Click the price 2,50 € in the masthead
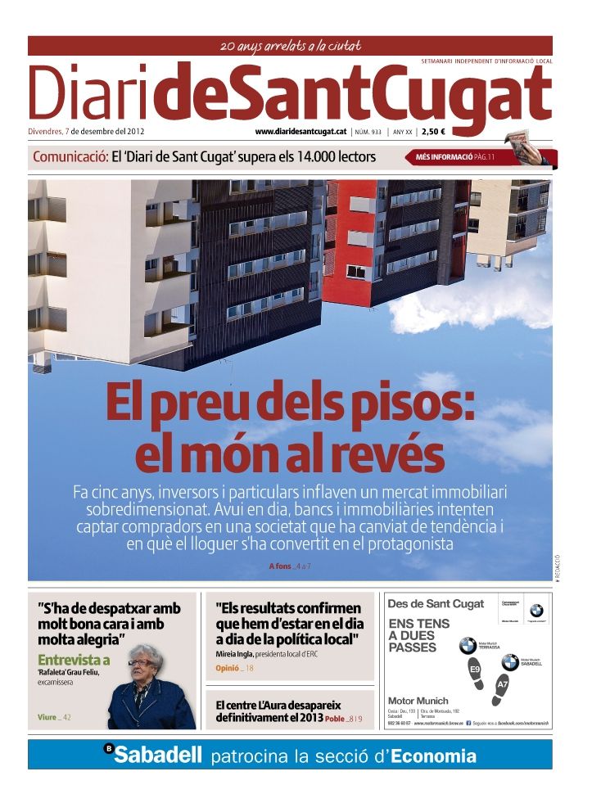click(434, 131)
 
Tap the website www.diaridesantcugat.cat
click(300, 131)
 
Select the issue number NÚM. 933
click(368, 131)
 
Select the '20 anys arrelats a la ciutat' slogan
click(291, 46)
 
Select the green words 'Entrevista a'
click(74, 660)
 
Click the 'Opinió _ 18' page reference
click(234, 669)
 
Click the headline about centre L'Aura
click(278, 711)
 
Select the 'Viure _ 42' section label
click(54, 717)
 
